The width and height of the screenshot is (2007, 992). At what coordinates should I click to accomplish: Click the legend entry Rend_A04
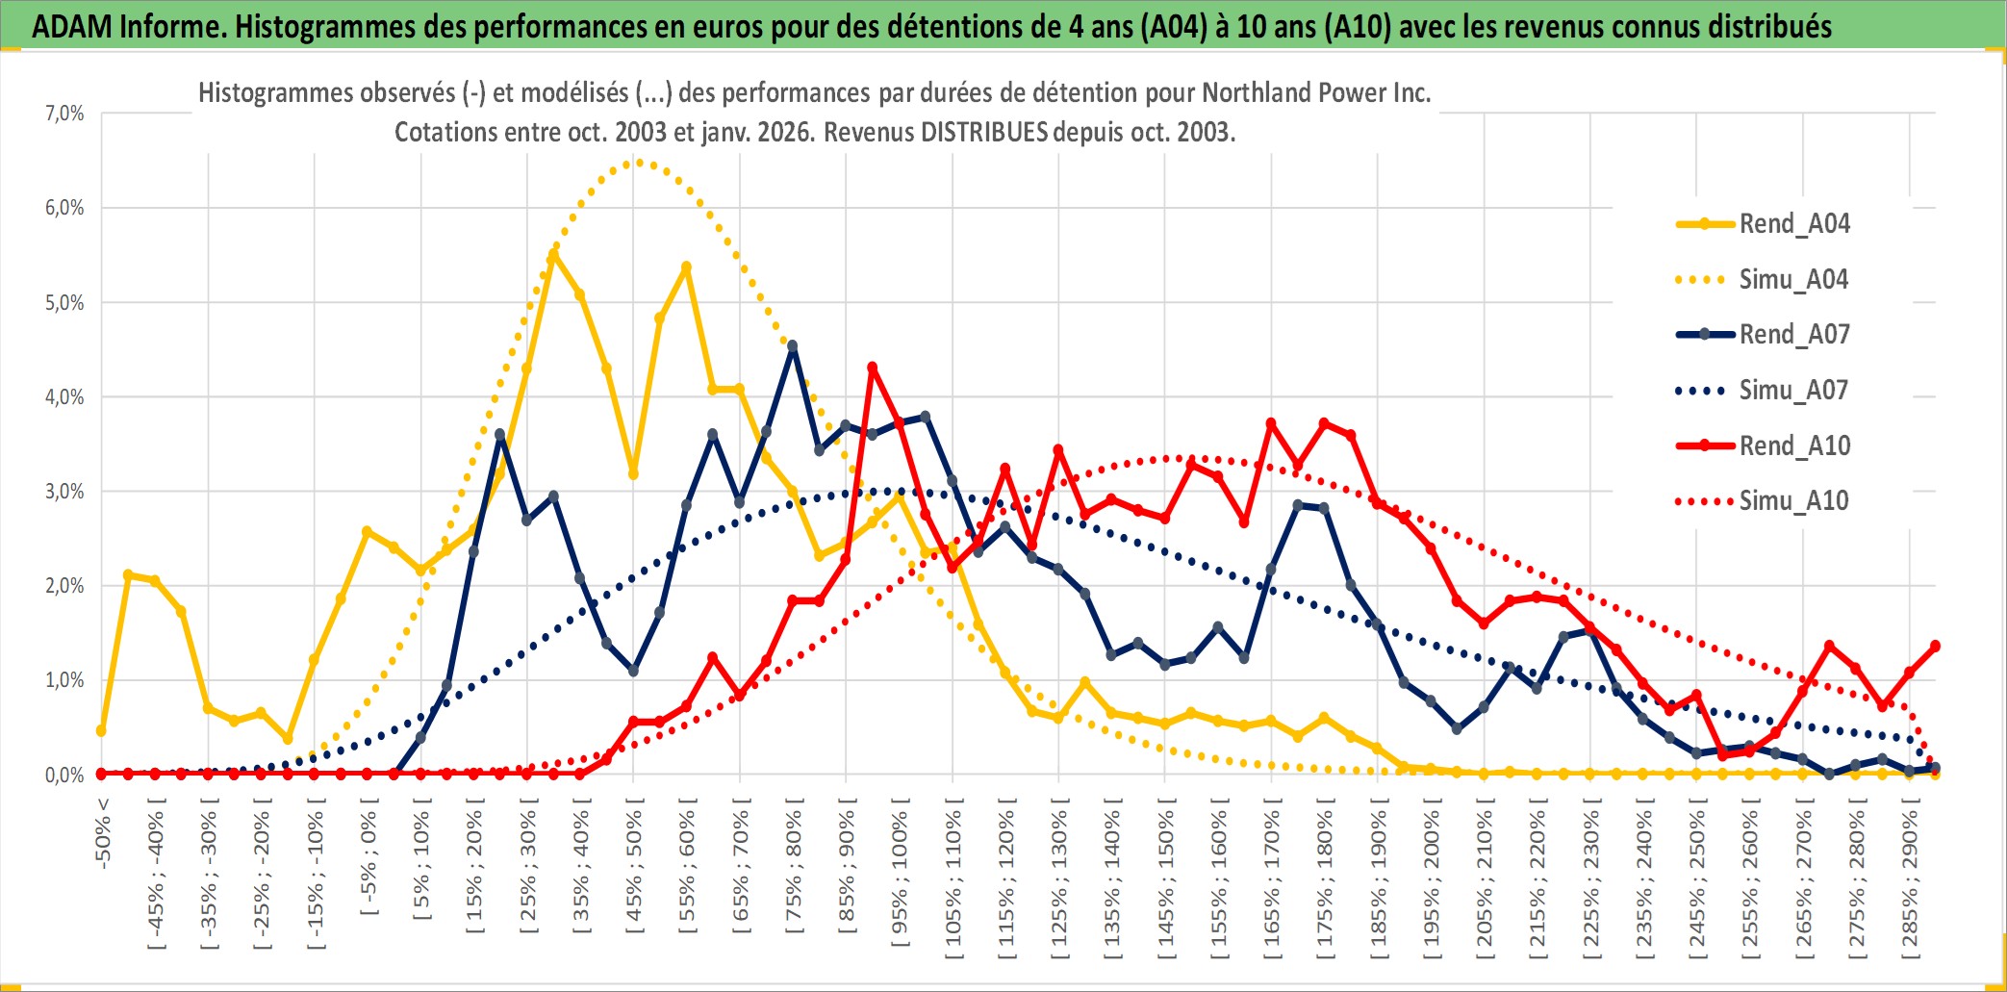tap(1793, 224)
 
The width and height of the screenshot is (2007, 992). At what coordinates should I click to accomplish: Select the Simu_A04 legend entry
tap(1793, 280)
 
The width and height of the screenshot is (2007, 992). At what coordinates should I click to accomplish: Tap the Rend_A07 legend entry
tap(1793, 335)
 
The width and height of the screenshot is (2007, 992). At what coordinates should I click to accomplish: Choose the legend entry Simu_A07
tap(1793, 391)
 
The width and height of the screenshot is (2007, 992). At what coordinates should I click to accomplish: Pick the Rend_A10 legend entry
tap(1793, 446)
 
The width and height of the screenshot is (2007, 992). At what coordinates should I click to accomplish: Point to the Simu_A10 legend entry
tap(1793, 501)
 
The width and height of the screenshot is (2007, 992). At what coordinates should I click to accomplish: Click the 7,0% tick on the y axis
tap(64, 114)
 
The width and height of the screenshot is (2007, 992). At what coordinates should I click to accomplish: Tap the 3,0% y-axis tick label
tap(64, 492)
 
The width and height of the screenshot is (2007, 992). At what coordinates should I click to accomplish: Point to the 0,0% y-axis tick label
tap(64, 775)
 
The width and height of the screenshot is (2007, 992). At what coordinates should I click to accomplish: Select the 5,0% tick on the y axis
tap(64, 303)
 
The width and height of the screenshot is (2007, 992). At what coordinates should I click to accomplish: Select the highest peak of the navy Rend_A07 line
tap(792, 345)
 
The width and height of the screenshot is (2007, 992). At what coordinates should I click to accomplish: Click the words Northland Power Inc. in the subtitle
tap(1316, 92)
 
